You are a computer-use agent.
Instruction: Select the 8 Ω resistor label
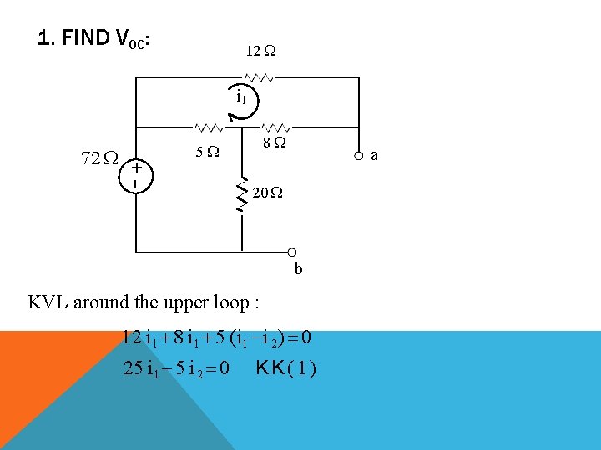point(274,144)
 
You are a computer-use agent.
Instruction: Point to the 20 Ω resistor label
point(267,193)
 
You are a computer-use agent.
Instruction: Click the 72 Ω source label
point(98,157)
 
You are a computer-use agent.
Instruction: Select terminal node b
point(293,252)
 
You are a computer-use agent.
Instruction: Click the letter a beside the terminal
point(375,155)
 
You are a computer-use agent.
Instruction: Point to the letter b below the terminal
point(298,268)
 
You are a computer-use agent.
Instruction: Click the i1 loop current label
point(240,96)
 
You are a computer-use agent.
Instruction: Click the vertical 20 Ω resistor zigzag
point(242,193)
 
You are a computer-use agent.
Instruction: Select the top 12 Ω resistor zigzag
point(260,77)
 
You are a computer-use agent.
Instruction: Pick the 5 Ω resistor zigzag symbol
point(208,128)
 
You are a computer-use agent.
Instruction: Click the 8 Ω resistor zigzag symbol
point(275,128)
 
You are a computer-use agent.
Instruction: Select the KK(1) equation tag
point(287,367)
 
